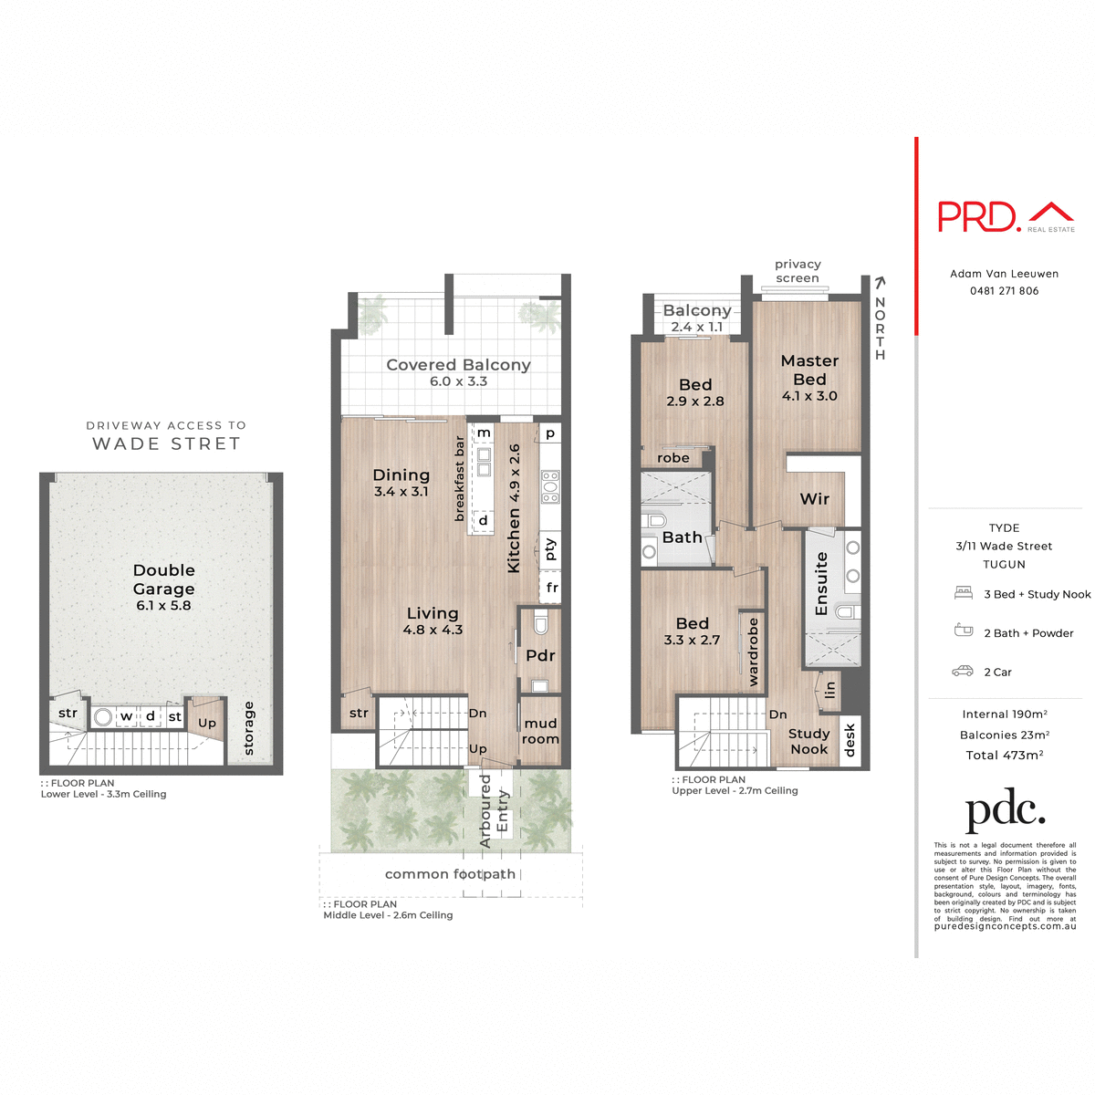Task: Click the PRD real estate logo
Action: [1006, 216]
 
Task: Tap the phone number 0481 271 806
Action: [1004, 291]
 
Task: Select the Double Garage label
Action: [164, 580]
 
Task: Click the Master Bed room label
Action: [809, 370]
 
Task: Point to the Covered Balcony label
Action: [458, 365]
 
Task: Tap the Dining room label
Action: [401, 475]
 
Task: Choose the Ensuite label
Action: [821, 583]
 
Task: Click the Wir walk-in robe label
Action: [815, 499]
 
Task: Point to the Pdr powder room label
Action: [540, 655]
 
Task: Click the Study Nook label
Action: [809, 741]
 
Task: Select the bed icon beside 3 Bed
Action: [964, 593]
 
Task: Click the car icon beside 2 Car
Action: [963, 672]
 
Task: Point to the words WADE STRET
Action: [166, 444]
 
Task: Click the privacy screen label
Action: [798, 271]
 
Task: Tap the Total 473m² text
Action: [1004, 756]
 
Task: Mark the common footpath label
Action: [450, 874]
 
